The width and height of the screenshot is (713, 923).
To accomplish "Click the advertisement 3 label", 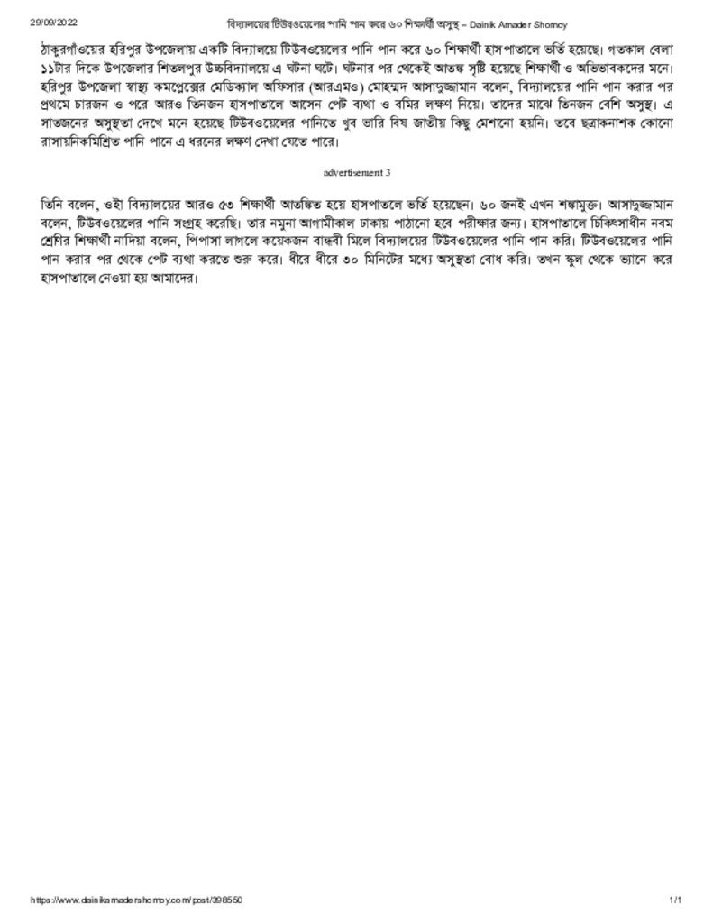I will click(356, 171).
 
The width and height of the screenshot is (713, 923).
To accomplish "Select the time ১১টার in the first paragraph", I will click(56, 69).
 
